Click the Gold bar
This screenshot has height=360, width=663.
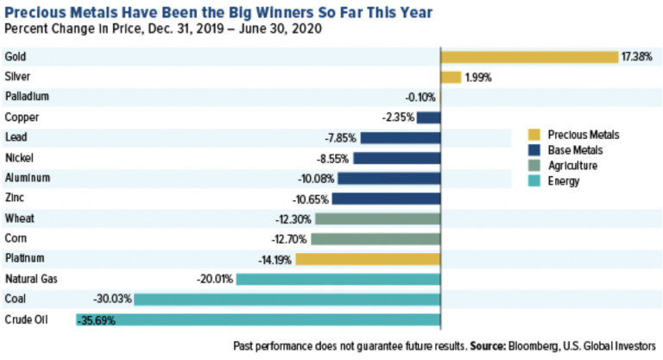(x=529, y=57)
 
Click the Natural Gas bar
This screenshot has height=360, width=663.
(x=338, y=279)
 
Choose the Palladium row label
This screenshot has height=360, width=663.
(x=27, y=98)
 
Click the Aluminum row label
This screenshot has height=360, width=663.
(x=28, y=178)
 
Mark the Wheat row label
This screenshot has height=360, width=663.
(x=21, y=218)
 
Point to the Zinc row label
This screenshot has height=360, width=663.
(x=16, y=199)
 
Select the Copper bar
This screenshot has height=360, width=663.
(x=429, y=117)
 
